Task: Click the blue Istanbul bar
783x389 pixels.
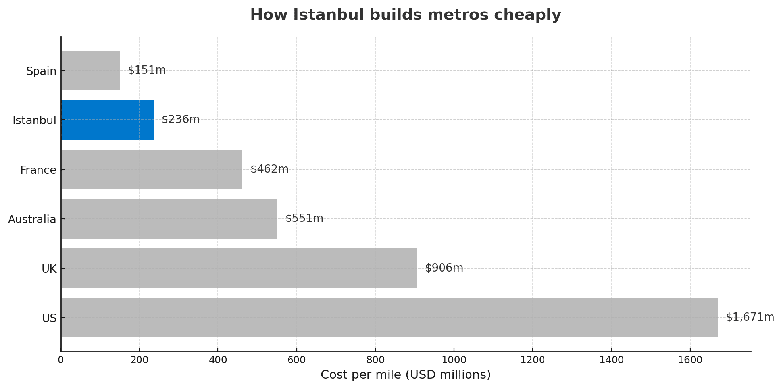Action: pos(107,120)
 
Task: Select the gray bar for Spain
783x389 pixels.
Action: pos(90,71)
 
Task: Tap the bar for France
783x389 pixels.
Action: pos(152,169)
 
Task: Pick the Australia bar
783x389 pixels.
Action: pos(169,219)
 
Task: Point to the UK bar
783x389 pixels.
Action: pos(239,268)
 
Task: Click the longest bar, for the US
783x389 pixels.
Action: pos(389,318)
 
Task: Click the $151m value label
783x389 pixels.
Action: pos(146,70)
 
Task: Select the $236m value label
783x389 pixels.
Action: pos(180,119)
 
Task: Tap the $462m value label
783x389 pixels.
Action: pos(269,169)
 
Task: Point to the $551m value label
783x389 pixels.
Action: pos(304,218)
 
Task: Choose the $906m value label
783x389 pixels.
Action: pos(444,268)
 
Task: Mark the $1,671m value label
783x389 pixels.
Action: pos(750,317)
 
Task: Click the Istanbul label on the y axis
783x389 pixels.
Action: pos(35,120)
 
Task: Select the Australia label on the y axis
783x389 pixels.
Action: pos(32,219)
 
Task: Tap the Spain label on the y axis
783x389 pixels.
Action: pos(41,71)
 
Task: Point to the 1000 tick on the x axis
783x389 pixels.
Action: pos(454,360)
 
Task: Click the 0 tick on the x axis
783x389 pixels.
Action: pos(61,360)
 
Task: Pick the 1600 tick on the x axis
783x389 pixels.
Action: pos(690,360)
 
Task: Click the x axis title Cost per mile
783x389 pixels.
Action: pos(405,375)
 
